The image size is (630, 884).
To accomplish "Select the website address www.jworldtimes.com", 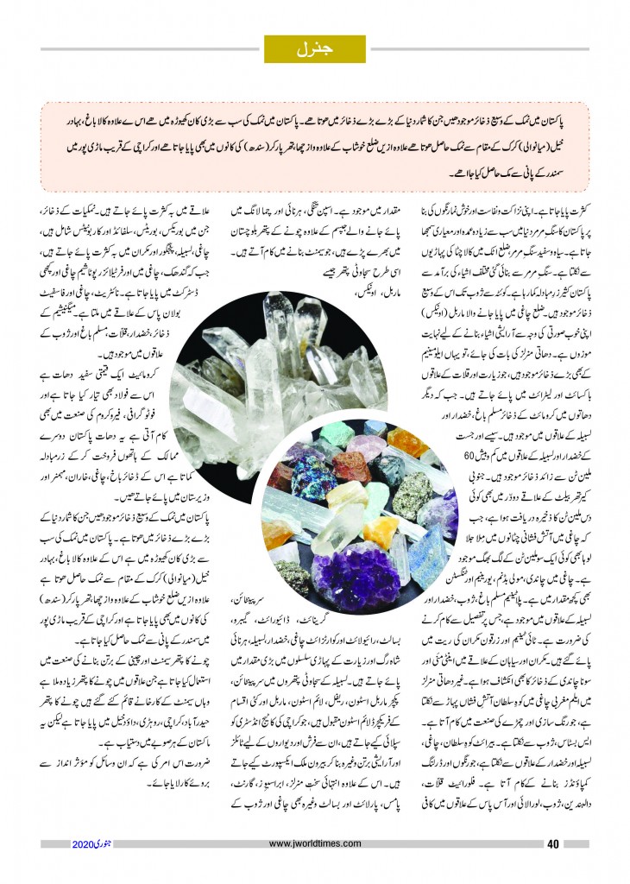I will coord(314,843).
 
